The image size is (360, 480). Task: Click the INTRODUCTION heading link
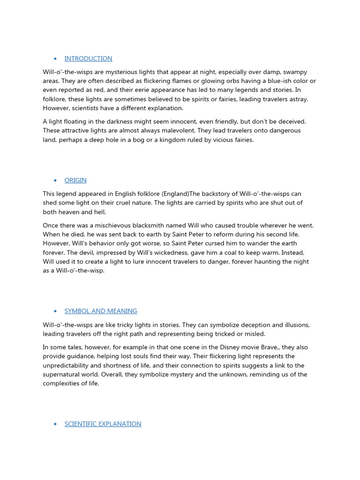88,59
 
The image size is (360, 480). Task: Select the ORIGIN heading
75,180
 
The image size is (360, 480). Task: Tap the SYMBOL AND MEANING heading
101,311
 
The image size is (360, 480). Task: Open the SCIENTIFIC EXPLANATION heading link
103,424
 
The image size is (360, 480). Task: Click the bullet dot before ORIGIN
55,180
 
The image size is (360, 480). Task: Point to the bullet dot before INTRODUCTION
55,59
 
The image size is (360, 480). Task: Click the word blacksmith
144,225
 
